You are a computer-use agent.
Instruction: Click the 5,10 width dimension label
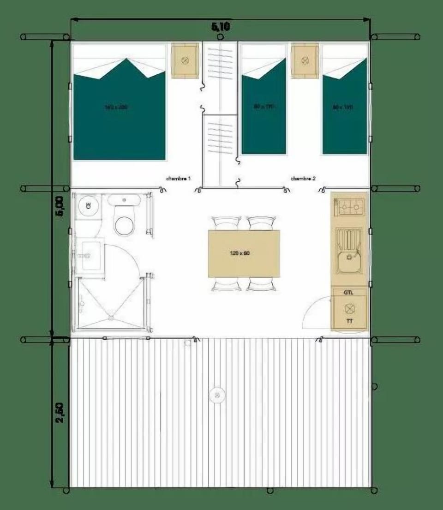pyautogui.click(x=221, y=27)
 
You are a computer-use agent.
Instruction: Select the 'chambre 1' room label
pyautogui.click(x=179, y=178)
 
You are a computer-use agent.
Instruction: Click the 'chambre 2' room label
pyautogui.click(x=303, y=178)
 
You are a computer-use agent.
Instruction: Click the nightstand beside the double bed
pyautogui.click(x=185, y=60)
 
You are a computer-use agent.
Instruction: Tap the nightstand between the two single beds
pyautogui.click(x=305, y=60)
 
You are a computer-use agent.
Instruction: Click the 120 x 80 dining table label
pyautogui.click(x=239, y=253)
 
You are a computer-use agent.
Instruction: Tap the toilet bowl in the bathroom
pyautogui.click(x=124, y=224)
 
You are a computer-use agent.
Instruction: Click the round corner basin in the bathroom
pyautogui.click(x=86, y=206)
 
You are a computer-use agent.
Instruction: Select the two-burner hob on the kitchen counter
pyautogui.click(x=349, y=207)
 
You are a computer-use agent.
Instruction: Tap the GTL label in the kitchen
pyautogui.click(x=349, y=292)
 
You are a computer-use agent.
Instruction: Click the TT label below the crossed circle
pyautogui.click(x=349, y=320)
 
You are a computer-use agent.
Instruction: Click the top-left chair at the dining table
pyautogui.click(x=225, y=223)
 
